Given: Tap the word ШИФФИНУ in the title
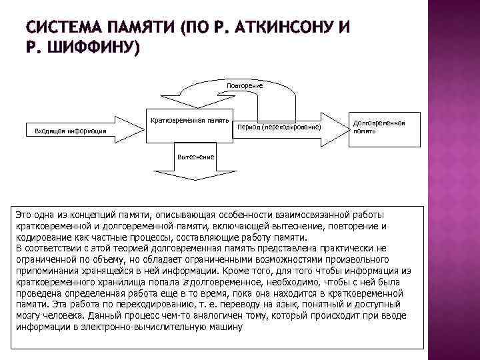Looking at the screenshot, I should click(91, 48).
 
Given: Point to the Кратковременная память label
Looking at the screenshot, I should click(189, 121).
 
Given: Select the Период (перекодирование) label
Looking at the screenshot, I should click(279, 126).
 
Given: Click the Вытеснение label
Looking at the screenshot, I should click(195, 157).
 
